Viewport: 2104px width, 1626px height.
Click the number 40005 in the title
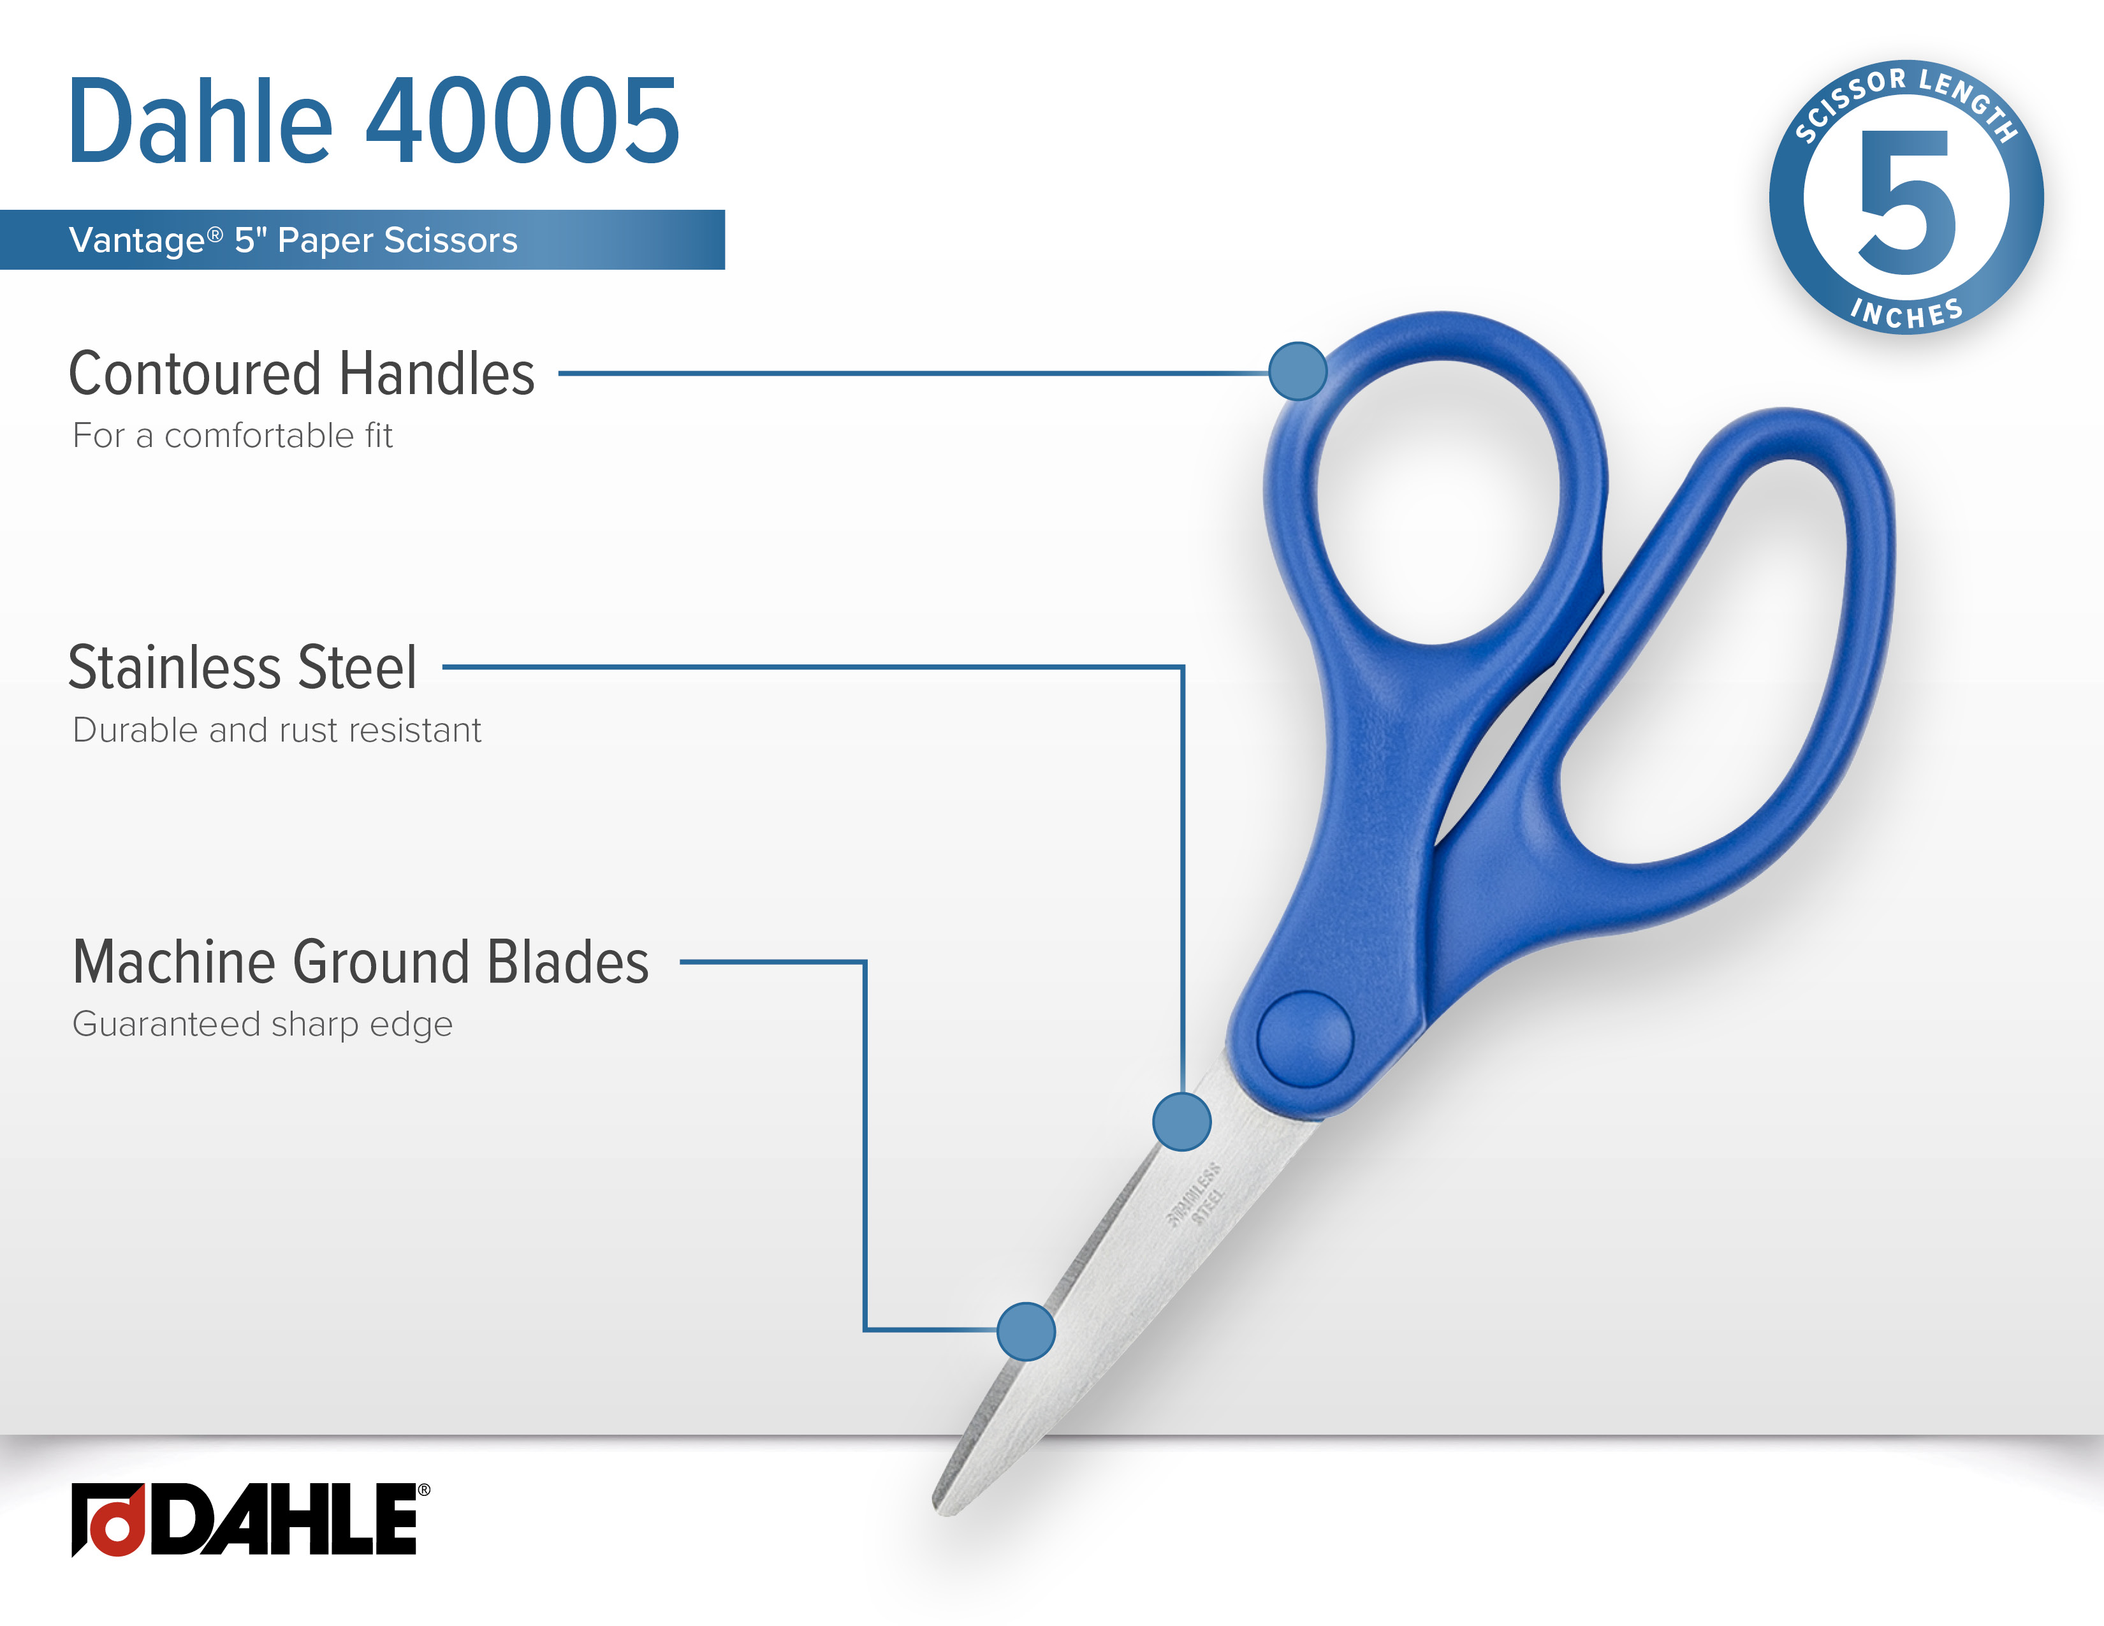[x=522, y=121]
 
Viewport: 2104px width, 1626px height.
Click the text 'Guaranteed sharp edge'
[x=262, y=1025]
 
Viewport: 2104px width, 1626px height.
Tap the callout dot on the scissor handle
[x=1297, y=371]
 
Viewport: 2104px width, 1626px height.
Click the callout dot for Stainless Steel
[x=1181, y=1121]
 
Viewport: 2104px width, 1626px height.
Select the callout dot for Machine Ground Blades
[x=1026, y=1331]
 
